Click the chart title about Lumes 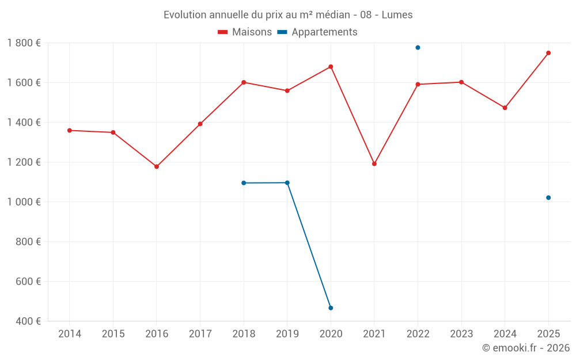288,15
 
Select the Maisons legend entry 245,32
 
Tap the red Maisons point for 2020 331,67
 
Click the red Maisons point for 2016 157,166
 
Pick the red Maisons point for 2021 374,164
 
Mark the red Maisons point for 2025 548,53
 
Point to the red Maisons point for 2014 70,130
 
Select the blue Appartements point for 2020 331,308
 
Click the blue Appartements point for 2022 418,47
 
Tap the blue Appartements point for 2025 548,198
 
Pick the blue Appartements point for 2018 244,183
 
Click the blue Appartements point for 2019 287,183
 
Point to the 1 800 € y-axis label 24,43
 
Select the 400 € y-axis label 28,321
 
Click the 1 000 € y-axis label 24,202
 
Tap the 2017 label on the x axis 200,334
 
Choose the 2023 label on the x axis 461,334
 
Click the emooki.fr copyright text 525,348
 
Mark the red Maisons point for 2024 505,108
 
